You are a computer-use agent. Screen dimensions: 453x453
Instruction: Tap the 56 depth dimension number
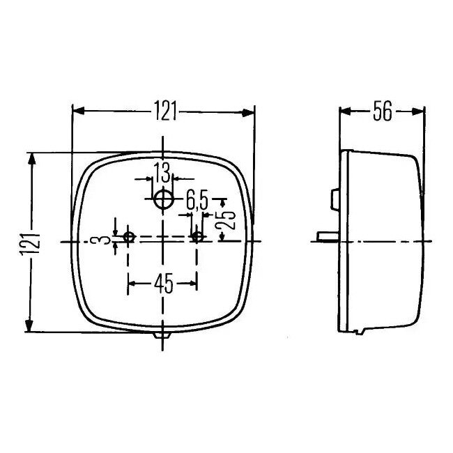point(382,112)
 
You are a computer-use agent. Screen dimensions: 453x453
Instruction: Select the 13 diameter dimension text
point(162,173)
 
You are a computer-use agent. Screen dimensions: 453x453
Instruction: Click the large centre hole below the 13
point(163,200)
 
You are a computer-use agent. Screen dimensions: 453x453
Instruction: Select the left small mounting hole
point(128,238)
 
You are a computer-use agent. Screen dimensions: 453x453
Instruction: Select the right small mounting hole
point(198,238)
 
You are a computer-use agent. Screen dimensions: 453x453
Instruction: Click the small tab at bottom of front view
point(162,336)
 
